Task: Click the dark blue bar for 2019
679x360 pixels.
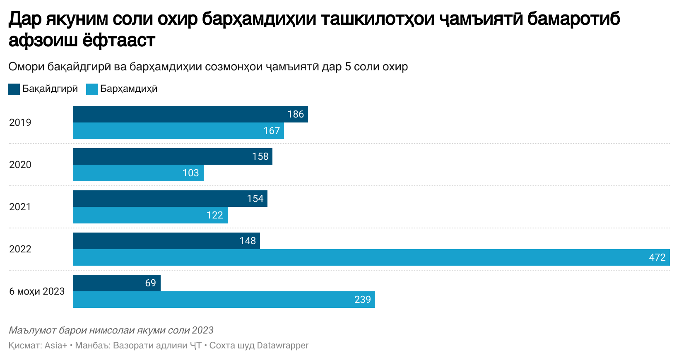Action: coord(190,114)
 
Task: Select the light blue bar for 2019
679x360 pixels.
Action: coord(178,131)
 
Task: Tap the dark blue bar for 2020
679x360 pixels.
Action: coord(172,156)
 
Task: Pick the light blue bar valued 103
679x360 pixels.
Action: coord(138,173)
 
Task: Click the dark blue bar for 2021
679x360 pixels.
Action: coord(170,199)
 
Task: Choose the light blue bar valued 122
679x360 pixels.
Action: coord(150,215)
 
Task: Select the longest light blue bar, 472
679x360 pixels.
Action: coord(371,257)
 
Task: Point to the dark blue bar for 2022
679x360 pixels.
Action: coord(166,241)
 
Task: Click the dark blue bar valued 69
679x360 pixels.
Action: coord(116,283)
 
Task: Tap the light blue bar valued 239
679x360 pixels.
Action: coord(224,300)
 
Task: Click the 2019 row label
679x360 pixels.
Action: coord(20,122)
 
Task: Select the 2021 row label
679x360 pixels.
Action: coord(20,207)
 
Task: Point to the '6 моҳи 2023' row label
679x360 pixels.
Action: coord(37,291)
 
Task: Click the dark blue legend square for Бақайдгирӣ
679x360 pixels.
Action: coord(14,89)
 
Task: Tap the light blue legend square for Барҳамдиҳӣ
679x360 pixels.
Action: coord(92,89)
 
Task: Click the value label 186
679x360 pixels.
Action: coord(296,114)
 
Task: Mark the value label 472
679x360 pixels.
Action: coord(657,257)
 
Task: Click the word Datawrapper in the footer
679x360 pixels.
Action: coord(282,346)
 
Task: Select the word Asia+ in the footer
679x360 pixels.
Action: coord(56,346)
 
